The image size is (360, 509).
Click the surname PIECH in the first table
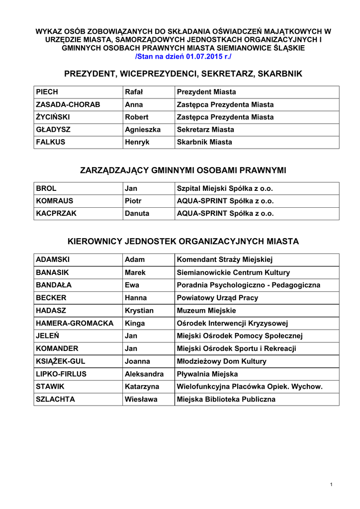47,92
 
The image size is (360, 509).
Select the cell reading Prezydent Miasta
206,92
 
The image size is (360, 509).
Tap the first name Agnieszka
143,129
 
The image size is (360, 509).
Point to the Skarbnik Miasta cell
204,142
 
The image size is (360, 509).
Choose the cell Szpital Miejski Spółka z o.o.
225,188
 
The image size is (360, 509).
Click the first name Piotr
133,201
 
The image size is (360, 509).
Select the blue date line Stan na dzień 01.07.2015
183,57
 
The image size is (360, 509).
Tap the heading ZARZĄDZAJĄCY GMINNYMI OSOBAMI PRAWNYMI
183,170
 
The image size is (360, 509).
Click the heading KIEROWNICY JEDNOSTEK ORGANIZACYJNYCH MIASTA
183,242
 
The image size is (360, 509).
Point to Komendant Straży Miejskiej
225,259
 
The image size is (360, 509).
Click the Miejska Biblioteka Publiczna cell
226,399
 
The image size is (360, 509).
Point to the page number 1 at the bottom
331,485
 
